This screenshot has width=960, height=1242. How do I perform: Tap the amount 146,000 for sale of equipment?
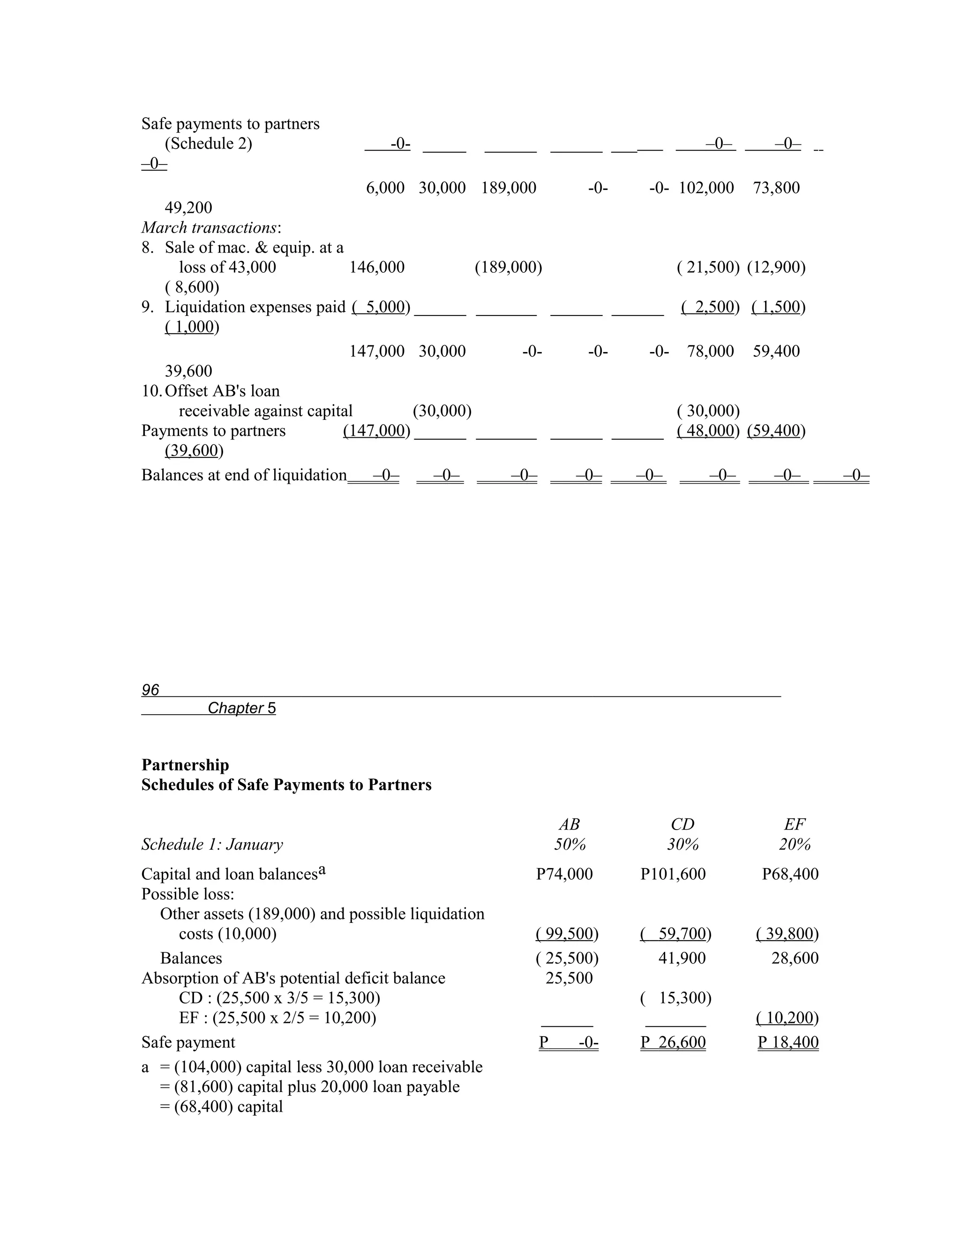(x=376, y=267)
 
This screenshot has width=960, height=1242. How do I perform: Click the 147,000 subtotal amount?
(x=376, y=351)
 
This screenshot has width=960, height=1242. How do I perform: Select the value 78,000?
(x=710, y=351)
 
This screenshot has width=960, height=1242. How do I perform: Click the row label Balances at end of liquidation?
(x=244, y=475)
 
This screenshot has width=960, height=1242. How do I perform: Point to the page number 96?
(x=150, y=690)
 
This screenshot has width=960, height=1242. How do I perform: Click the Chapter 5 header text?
(x=242, y=708)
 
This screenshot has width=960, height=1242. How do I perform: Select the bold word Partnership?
(x=185, y=765)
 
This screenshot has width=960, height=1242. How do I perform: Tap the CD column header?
(x=682, y=824)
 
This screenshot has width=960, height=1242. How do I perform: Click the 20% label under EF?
(x=795, y=845)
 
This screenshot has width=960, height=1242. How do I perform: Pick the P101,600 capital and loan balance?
(x=673, y=874)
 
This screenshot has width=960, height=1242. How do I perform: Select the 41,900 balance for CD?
(x=682, y=958)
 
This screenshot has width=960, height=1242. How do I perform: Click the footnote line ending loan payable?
(x=309, y=1087)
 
